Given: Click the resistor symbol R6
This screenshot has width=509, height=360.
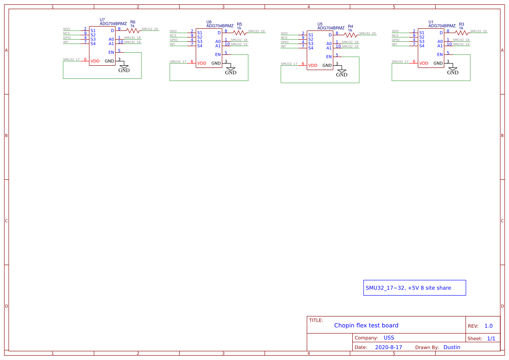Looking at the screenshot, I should (x=133, y=30).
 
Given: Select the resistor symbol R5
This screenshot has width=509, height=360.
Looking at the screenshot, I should (x=239, y=33).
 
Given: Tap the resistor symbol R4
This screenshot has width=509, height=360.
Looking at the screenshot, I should (x=351, y=35).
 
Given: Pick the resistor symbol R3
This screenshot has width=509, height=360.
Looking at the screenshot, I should (x=462, y=33).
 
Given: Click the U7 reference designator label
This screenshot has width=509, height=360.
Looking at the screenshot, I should (x=102, y=20).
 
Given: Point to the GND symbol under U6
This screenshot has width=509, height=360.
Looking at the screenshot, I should (x=230, y=71).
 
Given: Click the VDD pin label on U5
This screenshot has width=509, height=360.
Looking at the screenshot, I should (x=313, y=66).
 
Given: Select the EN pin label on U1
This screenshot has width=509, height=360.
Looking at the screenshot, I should (x=440, y=54).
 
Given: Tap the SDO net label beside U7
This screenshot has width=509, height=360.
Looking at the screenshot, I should (x=66, y=29).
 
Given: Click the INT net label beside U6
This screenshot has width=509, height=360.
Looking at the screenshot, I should (x=172, y=44).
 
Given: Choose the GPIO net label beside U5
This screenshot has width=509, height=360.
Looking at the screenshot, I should (x=284, y=42).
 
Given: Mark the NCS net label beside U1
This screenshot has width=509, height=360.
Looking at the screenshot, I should (x=395, y=36).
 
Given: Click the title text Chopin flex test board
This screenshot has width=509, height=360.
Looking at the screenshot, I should (x=366, y=325).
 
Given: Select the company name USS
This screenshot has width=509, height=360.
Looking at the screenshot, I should (x=388, y=338).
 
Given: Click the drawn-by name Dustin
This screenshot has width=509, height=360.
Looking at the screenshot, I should (x=452, y=347).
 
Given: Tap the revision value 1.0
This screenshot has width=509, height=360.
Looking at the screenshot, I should (x=488, y=326).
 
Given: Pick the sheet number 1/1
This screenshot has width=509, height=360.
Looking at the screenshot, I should (x=491, y=338).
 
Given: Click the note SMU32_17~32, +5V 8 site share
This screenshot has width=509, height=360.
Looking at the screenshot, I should (x=408, y=288).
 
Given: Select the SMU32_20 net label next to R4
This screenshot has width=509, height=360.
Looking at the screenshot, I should (x=367, y=34).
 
